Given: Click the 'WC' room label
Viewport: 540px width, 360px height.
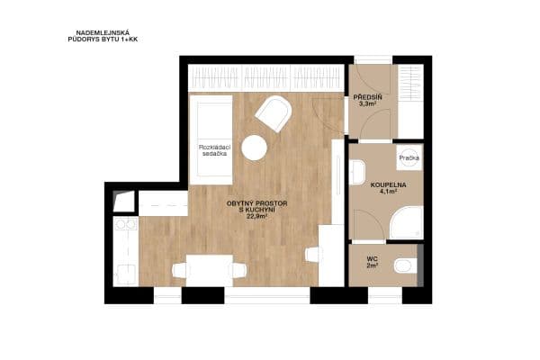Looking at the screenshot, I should point(371,258).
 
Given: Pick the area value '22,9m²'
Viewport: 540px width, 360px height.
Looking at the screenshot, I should point(257,215).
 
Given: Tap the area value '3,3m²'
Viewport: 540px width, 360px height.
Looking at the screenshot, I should point(367,103).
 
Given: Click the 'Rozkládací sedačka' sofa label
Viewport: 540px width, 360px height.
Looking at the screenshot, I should point(213,150).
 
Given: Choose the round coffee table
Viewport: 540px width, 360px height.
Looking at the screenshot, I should point(256,147).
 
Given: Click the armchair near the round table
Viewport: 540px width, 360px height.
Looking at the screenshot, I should point(274,114).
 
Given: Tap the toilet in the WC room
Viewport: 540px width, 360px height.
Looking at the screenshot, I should point(407,265).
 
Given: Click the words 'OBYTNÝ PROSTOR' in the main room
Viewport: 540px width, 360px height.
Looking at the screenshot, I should point(257,203).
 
